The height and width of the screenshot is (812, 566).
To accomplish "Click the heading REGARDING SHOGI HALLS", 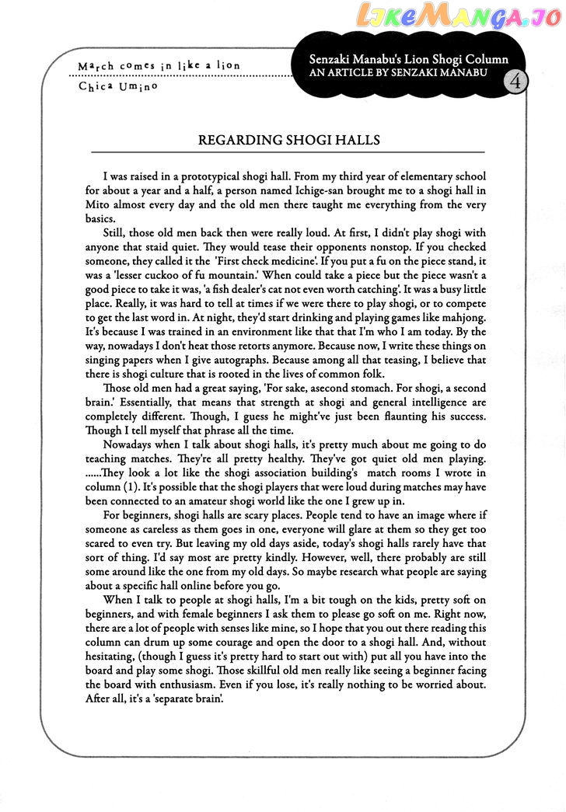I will click(289, 140).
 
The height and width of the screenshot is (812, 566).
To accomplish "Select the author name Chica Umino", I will click(118, 85).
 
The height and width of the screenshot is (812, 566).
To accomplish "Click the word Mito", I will click(99, 205).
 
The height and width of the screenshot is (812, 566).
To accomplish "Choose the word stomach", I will click(385, 388).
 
